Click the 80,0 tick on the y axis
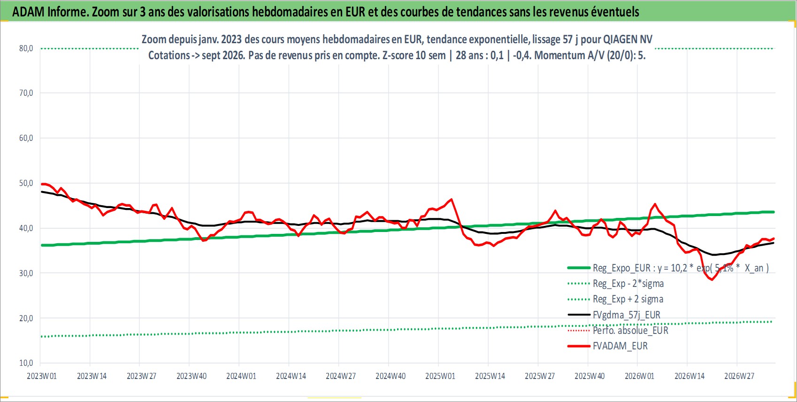pos(26,48)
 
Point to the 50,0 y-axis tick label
pos(26,183)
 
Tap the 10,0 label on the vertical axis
pos(26,363)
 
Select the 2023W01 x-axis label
pos(42,376)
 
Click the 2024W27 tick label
pos(340,376)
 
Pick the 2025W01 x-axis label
pos(440,376)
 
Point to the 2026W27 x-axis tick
pos(739,376)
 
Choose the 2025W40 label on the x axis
pos(590,376)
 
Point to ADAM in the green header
pos(28,12)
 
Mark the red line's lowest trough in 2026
pos(712,279)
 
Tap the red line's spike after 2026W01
pos(655,204)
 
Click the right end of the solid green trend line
pos(774,212)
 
